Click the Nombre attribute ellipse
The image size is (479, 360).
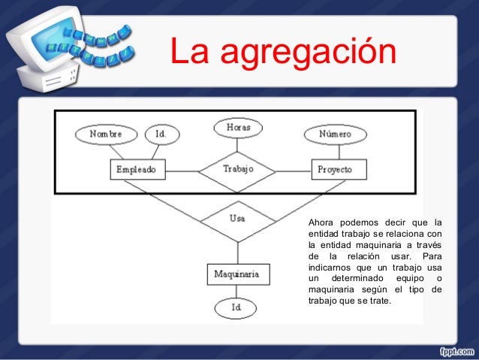[x=105, y=134]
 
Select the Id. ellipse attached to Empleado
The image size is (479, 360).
[x=161, y=134]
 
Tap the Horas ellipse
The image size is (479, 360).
[x=238, y=128]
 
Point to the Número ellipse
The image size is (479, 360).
[x=335, y=134]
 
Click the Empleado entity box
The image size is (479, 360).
[x=137, y=170]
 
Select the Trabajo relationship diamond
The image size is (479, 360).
[x=238, y=170]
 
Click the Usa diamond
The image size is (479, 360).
[x=238, y=219]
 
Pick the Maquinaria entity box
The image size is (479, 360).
[x=237, y=274]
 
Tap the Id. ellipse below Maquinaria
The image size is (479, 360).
[x=237, y=307]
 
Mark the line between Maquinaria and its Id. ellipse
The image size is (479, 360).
[x=237, y=291]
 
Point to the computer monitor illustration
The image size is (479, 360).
[x=45, y=45]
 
